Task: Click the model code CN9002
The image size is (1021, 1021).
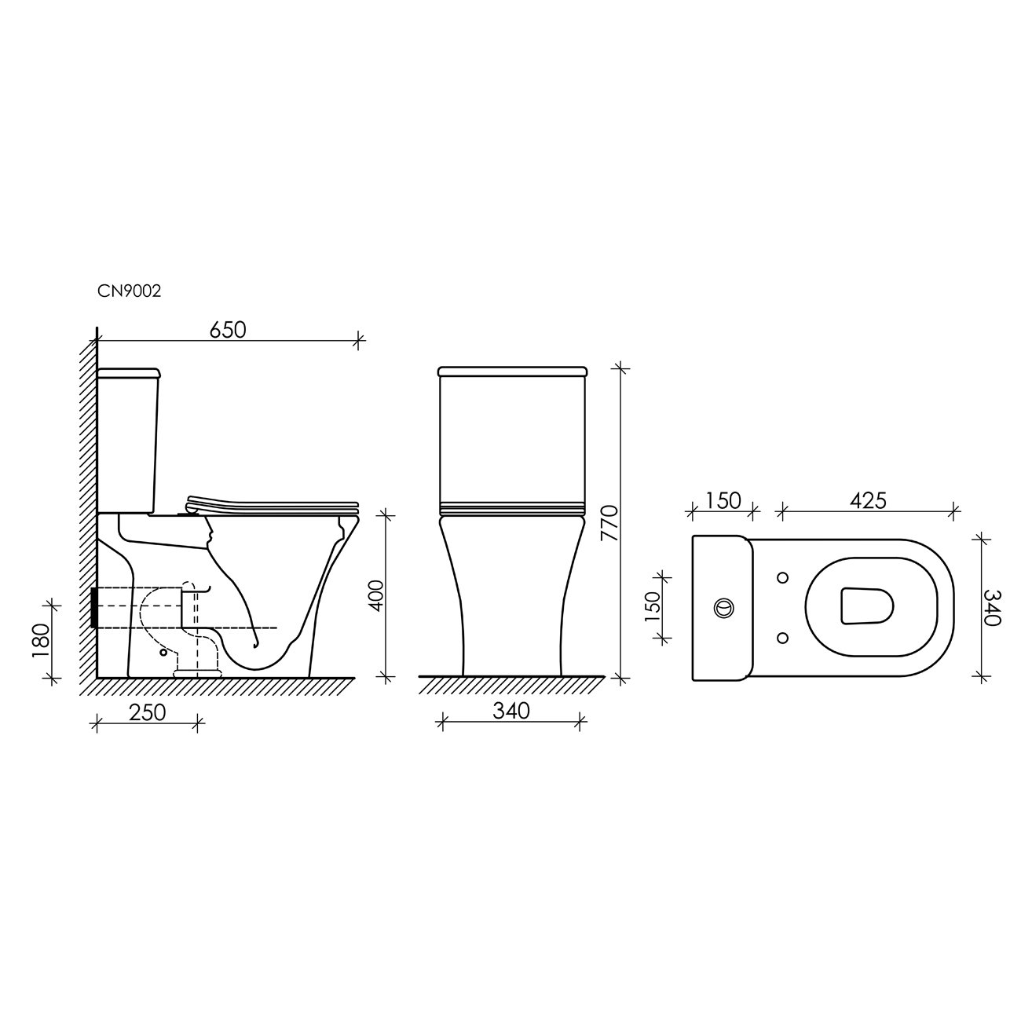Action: tap(129, 291)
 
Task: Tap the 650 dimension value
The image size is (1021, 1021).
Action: tap(228, 330)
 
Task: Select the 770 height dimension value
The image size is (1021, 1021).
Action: tap(609, 523)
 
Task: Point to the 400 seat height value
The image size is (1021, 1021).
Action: tap(376, 595)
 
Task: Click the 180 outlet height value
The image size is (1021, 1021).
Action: tap(40, 639)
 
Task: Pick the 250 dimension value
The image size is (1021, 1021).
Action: tap(148, 712)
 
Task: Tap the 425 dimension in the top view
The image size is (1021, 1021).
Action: tap(867, 500)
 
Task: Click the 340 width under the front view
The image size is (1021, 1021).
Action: tap(511, 711)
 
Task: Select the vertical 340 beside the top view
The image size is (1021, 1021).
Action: tap(993, 607)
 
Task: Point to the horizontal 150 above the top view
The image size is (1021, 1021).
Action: tap(723, 500)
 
